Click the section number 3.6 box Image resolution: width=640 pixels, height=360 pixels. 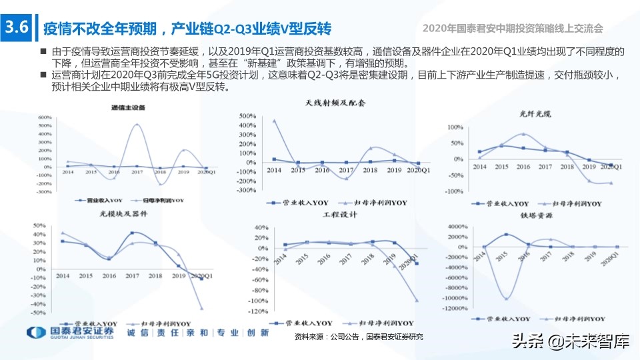[x=16, y=28]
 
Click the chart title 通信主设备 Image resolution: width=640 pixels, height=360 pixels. [x=126, y=108]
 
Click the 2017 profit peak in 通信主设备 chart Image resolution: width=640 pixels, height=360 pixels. [x=137, y=125]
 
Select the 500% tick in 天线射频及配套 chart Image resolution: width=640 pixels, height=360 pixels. [x=245, y=116]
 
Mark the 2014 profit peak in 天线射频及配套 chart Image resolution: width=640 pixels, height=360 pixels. [x=274, y=121]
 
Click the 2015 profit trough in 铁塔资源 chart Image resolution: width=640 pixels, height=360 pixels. [x=507, y=299]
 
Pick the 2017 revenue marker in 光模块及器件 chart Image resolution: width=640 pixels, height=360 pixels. [x=133, y=233]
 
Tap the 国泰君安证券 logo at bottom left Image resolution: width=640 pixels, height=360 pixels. [x=70, y=332]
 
